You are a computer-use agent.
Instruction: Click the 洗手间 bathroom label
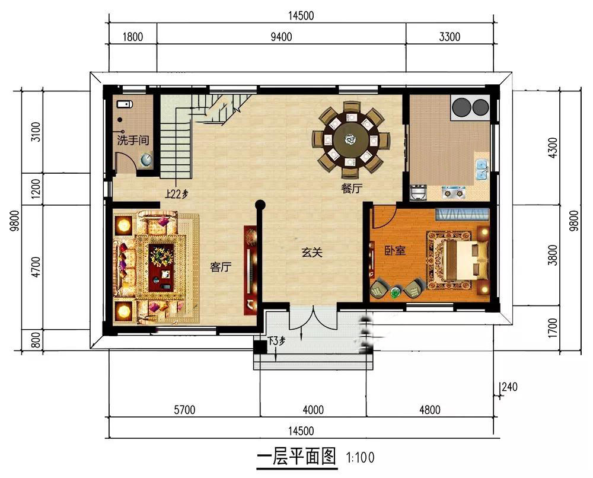pos(133,141)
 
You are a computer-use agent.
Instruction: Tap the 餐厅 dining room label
pos(352,188)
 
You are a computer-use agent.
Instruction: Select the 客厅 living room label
pos(221,267)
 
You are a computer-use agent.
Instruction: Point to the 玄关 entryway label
pos(312,252)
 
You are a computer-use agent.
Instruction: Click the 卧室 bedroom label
pos(395,250)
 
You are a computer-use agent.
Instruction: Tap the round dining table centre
pos(350,139)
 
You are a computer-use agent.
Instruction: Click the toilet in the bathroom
pos(124,104)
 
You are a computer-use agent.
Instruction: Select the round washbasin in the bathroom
pos(146,160)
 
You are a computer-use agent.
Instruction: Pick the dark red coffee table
pos(161,267)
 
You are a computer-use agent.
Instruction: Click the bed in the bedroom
pos(459,260)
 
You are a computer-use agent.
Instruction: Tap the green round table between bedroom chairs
pos(395,292)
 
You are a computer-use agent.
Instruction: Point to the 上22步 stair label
pos(177,195)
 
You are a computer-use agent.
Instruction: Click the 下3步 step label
pos(276,341)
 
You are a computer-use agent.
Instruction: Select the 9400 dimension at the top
pos(281,37)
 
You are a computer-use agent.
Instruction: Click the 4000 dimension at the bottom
pos(313,410)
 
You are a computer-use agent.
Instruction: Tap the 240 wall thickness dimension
pos(509,387)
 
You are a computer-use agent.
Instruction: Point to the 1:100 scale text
pos(361,457)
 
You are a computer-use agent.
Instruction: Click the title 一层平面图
pos(296,457)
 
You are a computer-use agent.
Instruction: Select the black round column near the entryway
pos(260,205)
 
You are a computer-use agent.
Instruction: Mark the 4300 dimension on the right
pos(553,148)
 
